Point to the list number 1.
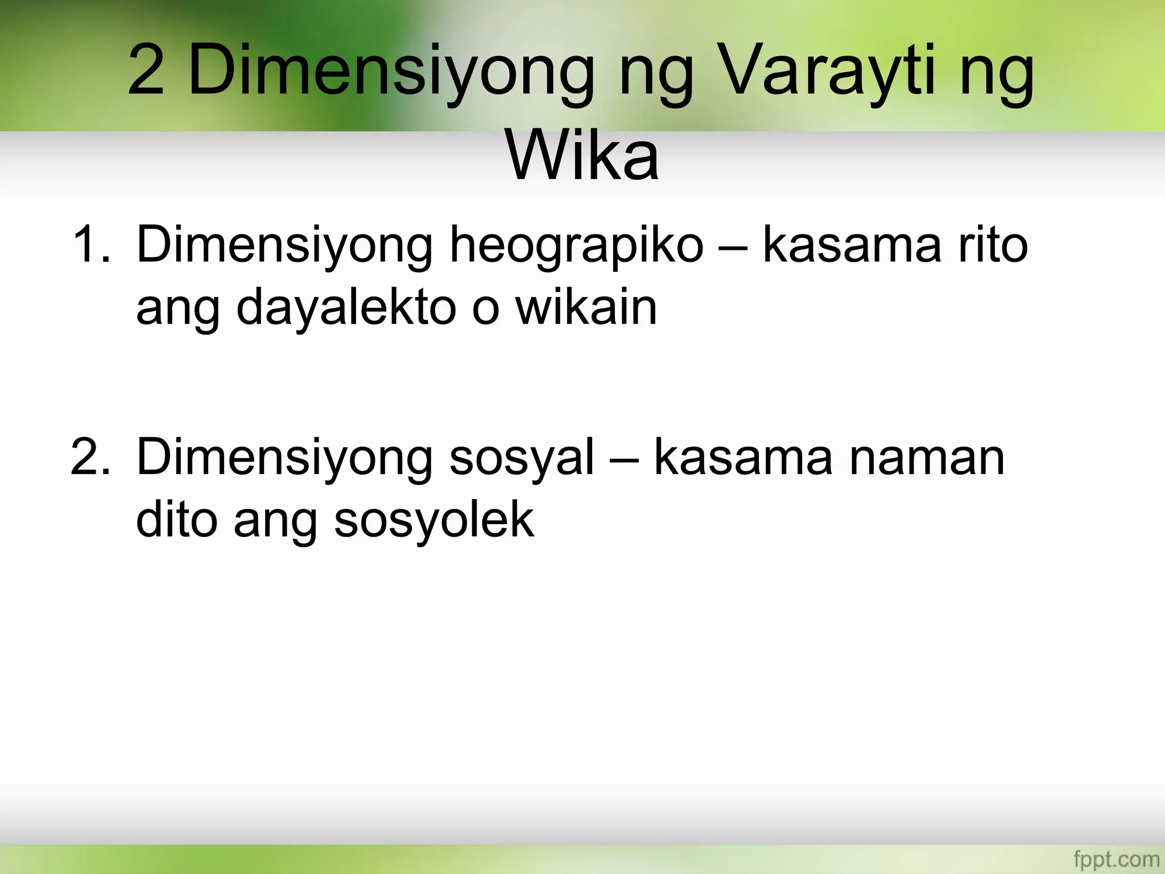tap(91, 245)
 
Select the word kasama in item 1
tap(851, 245)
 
